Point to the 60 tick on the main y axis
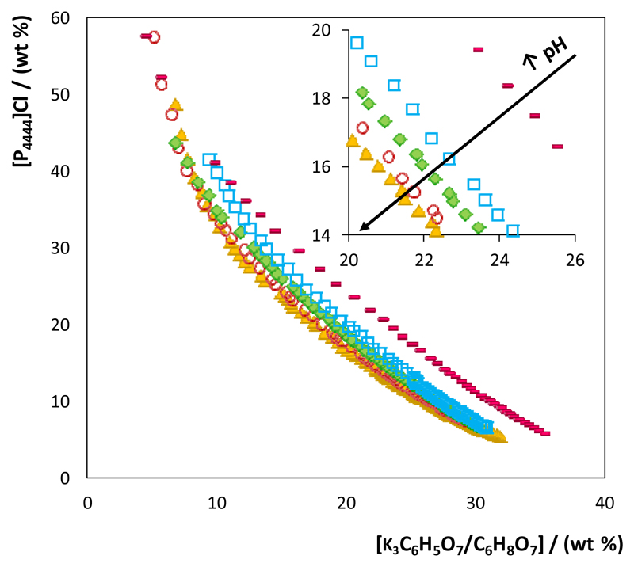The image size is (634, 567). pyautogui.click(x=66, y=18)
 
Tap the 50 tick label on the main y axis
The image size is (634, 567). pyautogui.click(x=66, y=95)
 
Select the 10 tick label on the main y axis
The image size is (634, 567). pyautogui.click(x=66, y=401)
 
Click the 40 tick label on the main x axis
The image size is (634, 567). pyautogui.click(x=604, y=503)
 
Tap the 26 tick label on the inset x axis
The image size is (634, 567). pyautogui.click(x=575, y=258)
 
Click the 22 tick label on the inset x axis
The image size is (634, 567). pyautogui.click(x=424, y=258)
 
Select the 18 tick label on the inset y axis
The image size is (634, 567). pyautogui.click(x=330, y=98)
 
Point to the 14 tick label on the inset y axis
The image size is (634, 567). pyautogui.click(x=330, y=235)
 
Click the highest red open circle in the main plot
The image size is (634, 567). pyautogui.click(x=154, y=37)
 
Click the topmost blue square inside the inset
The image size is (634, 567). pyautogui.click(x=357, y=43)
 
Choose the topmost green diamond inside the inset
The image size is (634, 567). pyautogui.click(x=363, y=93)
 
